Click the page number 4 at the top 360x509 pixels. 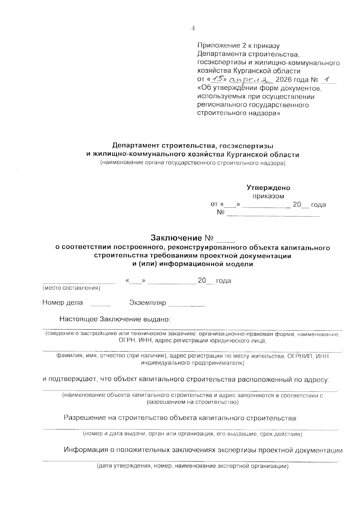pyautogui.click(x=193, y=28)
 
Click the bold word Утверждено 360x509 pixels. pyautogui.click(x=268, y=188)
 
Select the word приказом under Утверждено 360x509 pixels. pyautogui.click(x=268, y=196)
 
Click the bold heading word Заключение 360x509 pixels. pyautogui.click(x=176, y=238)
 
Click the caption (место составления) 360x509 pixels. pyautogui.click(x=71, y=288)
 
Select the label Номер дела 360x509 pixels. pyautogui.click(x=63, y=303)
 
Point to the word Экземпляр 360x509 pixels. pyautogui.click(x=147, y=303)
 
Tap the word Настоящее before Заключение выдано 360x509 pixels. pyautogui.click(x=79, y=319)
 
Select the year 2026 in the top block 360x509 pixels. pyautogui.click(x=283, y=80)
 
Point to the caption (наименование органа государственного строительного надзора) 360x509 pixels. pyautogui.click(x=193, y=163)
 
